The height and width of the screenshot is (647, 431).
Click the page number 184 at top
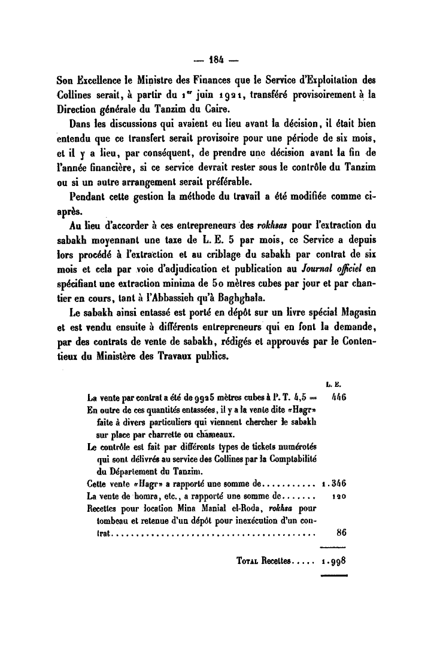coord(216,60)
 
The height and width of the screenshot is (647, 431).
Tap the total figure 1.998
coord(334,562)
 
